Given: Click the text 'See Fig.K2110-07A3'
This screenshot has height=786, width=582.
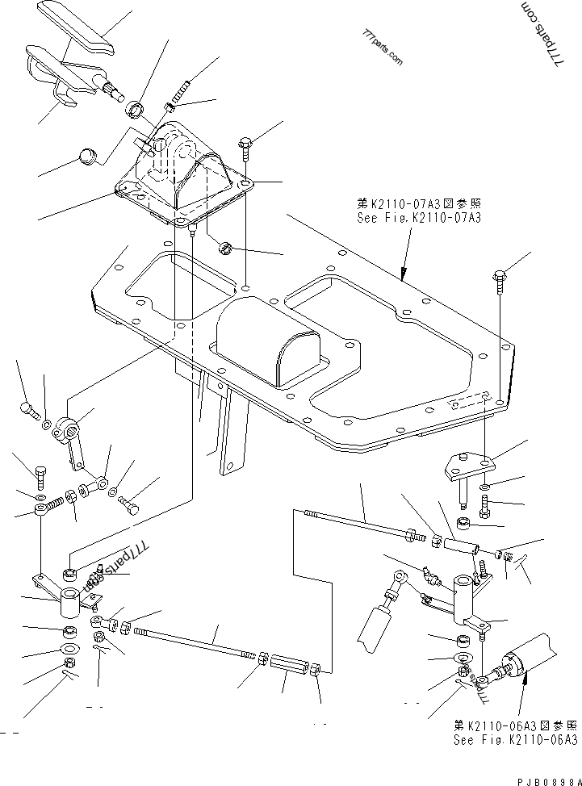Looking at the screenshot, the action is (419, 218).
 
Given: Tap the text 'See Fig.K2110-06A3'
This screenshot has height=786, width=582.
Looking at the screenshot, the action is (516, 740).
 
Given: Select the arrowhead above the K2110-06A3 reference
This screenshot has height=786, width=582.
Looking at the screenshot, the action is (525, 678).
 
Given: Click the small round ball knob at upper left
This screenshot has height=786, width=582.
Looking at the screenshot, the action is (88, 156).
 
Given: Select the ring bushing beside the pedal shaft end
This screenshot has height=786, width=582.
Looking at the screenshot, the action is (136, 110).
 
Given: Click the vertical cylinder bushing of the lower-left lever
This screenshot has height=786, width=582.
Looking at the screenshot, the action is (70, 604).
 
